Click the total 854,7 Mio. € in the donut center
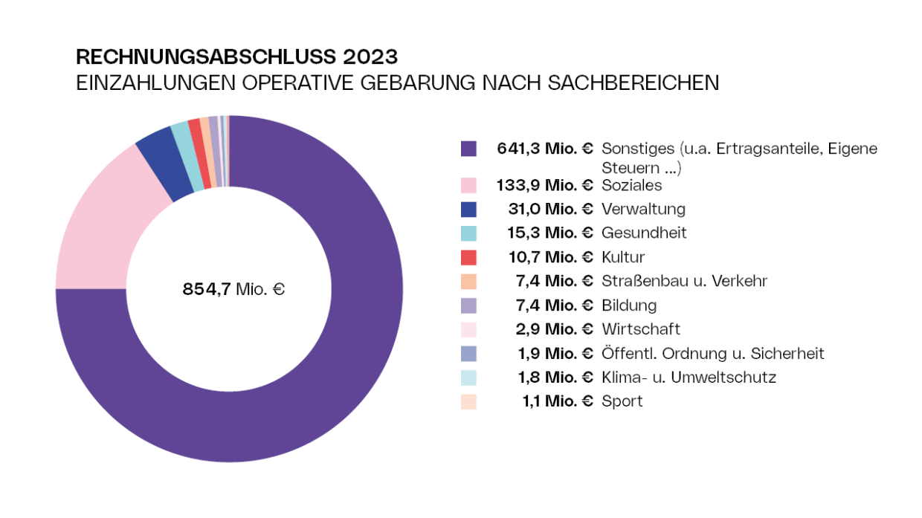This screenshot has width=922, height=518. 233,289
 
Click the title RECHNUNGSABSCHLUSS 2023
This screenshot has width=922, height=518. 236,57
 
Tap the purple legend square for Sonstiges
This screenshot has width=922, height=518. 468,149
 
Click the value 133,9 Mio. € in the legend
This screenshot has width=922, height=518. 545,185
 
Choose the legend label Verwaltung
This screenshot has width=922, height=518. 643,209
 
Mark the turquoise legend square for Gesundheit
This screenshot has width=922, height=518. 468,233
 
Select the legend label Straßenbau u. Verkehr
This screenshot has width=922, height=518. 684,281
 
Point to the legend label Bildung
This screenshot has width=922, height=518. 629,305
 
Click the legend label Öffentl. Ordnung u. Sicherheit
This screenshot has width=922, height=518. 712,354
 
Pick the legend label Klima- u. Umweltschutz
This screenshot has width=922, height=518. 689,378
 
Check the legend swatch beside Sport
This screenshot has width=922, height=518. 468,402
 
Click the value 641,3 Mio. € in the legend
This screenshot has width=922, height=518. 545,149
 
